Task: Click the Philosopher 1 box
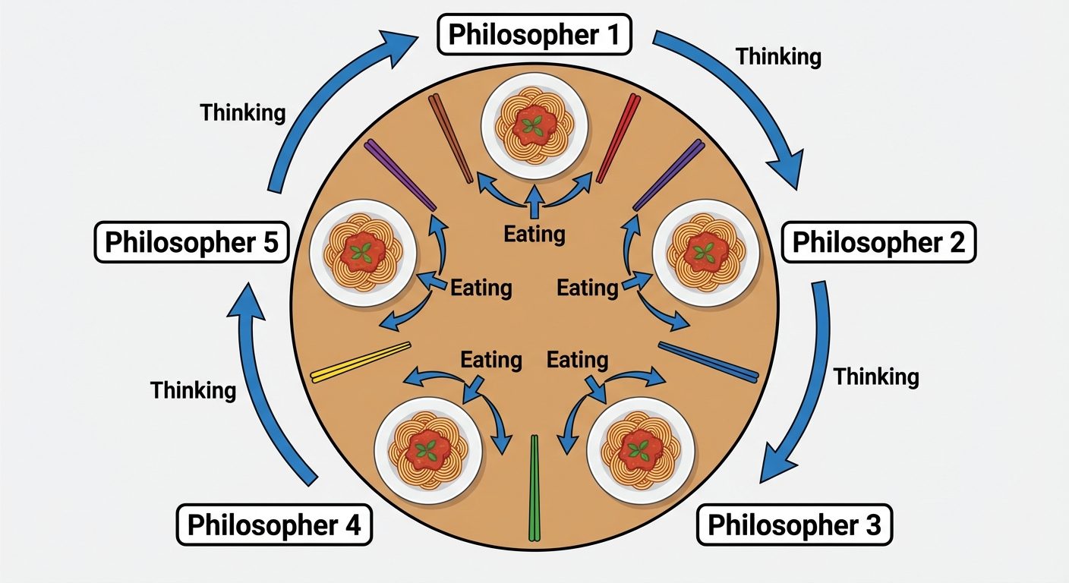pos(534,34)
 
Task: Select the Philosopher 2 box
pos(878,243)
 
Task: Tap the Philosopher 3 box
pos(794,525)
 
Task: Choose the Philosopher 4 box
pos(274,525)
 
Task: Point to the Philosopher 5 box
pos(191,243)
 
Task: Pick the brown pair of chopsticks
pos(452,139)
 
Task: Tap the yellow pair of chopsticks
pos(361,362)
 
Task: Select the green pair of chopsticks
pos(534,486)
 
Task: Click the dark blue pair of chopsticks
pos(708,361)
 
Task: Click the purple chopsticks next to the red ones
pos(668,175)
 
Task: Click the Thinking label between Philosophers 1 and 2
pos(778,57)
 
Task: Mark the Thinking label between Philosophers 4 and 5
pos(193,390)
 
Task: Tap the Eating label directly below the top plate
pos(534,233)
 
